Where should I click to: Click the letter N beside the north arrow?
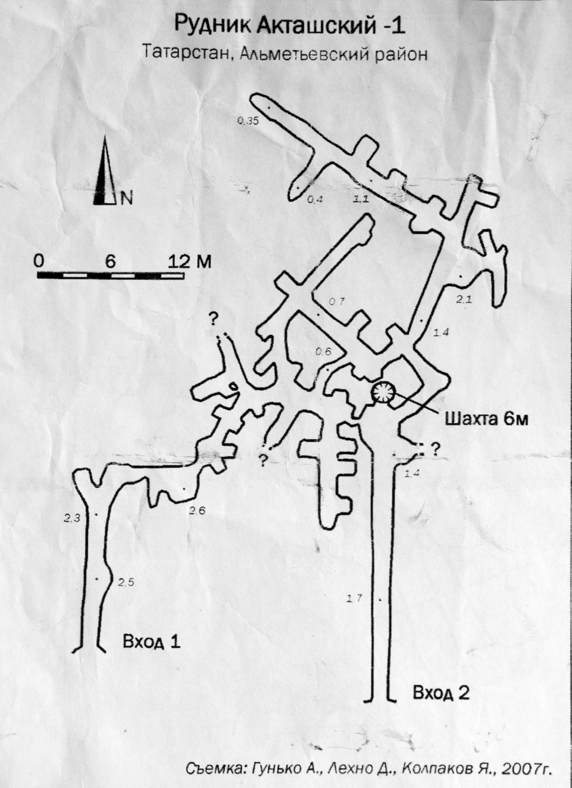[x=127, y=199]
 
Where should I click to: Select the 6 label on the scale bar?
[x=110, y=262]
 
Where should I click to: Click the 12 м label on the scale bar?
[x=189, y=262]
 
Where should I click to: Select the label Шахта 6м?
[x=487, y=419]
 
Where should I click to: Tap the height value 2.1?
[x=464, y=300]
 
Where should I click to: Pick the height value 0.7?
[x=337, y=301]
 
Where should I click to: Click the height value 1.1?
[x=361, y=199]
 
